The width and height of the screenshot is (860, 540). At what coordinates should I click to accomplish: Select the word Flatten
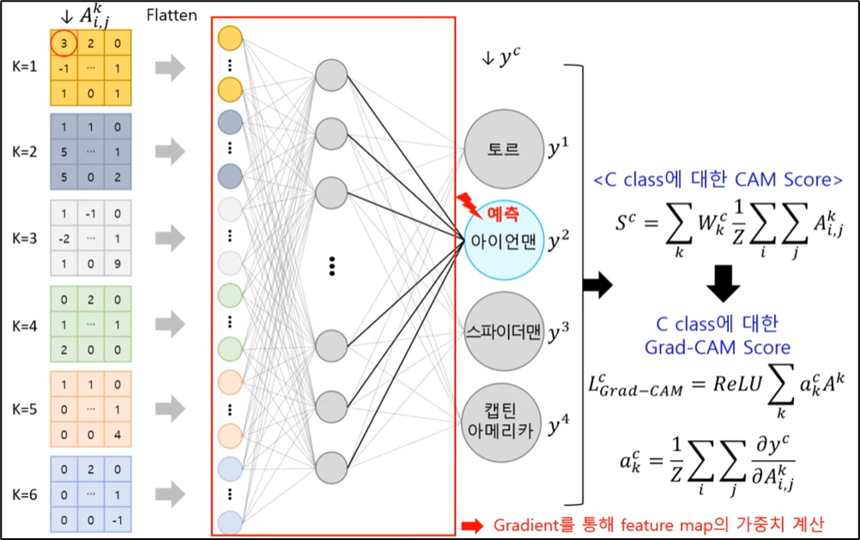pos(172,15)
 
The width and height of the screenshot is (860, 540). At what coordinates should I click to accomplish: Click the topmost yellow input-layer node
pos(230,39)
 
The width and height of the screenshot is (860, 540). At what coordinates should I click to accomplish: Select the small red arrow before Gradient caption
pos(471,525)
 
